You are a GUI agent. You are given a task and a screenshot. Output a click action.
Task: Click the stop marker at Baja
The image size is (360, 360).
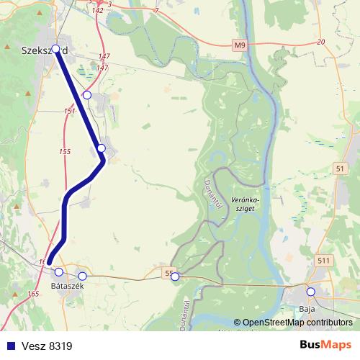tap(310, 292)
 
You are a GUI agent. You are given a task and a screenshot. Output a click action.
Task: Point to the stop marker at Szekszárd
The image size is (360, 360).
tap(56, 49)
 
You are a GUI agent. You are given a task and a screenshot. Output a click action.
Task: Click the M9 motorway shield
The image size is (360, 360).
tap(240, 46)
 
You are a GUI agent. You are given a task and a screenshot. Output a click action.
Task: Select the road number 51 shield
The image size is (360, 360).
tap(340, 168)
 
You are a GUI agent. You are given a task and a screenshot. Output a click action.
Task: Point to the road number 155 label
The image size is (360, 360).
tap(65, 151)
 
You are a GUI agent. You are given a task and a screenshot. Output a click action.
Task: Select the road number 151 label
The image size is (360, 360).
tap(69, 111)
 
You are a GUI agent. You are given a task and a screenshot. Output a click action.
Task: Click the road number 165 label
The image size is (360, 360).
tap(33, 294)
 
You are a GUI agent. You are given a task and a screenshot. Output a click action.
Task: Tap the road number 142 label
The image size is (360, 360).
tap(98, 10)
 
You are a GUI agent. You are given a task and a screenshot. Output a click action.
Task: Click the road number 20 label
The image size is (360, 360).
tap(320, 43)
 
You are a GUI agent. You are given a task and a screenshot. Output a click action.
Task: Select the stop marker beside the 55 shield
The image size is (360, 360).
tap(175, 276)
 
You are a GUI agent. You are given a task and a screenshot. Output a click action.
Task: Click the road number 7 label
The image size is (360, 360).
tap(156, 12)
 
